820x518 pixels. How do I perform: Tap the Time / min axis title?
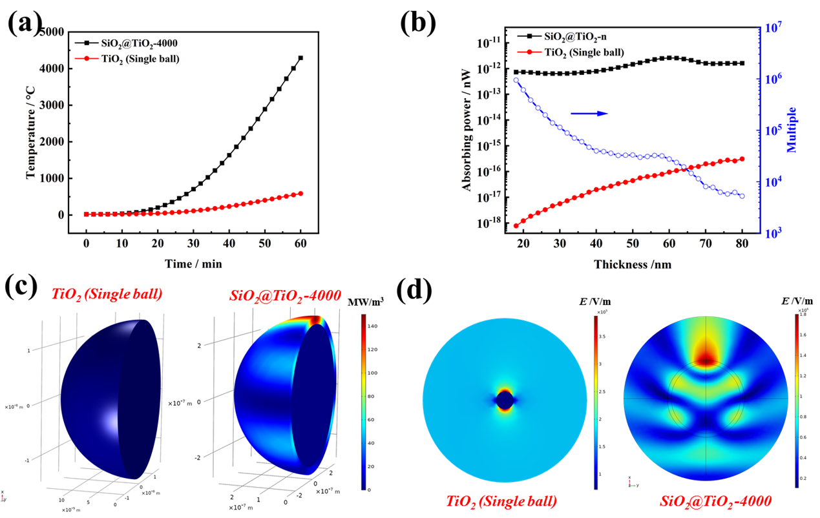coord(194,263)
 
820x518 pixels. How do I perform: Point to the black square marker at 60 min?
coord(300,57)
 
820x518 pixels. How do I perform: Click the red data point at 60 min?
coord(300,193)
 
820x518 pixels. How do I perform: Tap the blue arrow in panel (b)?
coord(589,113)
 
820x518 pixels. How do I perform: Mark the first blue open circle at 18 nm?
coord(516,80)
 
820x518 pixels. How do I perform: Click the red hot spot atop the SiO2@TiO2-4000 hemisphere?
coord(315,321)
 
